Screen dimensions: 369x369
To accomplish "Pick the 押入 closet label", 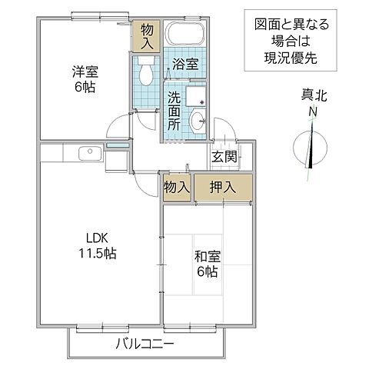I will (x=222, y=187).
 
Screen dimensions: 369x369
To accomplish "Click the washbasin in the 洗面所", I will (x=198, y=119).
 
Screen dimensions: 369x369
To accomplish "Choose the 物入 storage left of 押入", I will (x=176, y=187).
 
